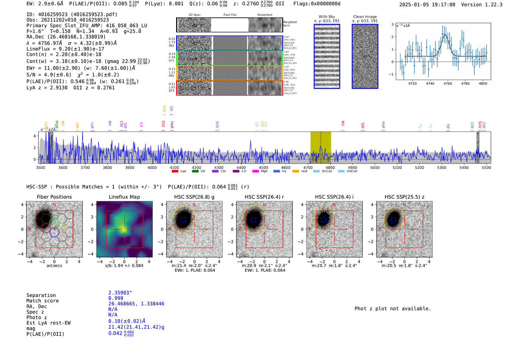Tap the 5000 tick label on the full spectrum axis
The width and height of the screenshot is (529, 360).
[x=375, y=167]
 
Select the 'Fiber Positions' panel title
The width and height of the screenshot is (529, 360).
[x=54, y=197]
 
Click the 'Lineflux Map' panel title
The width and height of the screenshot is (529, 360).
[x=124, y=197]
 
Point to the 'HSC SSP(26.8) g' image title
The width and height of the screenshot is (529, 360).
[x=194, y=197]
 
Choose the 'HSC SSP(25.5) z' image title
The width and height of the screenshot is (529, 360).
[x=404, y=197]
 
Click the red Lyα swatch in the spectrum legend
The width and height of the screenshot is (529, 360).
[x=175, y=171]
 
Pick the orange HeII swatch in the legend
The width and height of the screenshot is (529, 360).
[x=295, y=171]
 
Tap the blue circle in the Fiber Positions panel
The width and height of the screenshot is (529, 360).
[x=54, y=232]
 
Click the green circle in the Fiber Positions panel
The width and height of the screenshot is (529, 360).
[x=54, y=223]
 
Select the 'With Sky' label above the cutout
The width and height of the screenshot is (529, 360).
[x=327, y=17]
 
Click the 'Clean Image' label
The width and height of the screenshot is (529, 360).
[x=365, y=17]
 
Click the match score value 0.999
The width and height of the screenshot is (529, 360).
[x=116, y=298]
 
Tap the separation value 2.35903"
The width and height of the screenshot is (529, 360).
[x=120, y=293]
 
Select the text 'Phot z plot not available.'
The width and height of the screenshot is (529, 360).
[x=393, y=309]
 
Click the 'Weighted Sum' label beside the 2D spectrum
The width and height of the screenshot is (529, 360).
[x=289, y=24]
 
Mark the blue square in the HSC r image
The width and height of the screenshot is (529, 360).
[x=253, y=219]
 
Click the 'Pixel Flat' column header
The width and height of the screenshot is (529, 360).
[x=230, y=15]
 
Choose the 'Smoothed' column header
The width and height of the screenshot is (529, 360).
[x=264, y=15]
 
